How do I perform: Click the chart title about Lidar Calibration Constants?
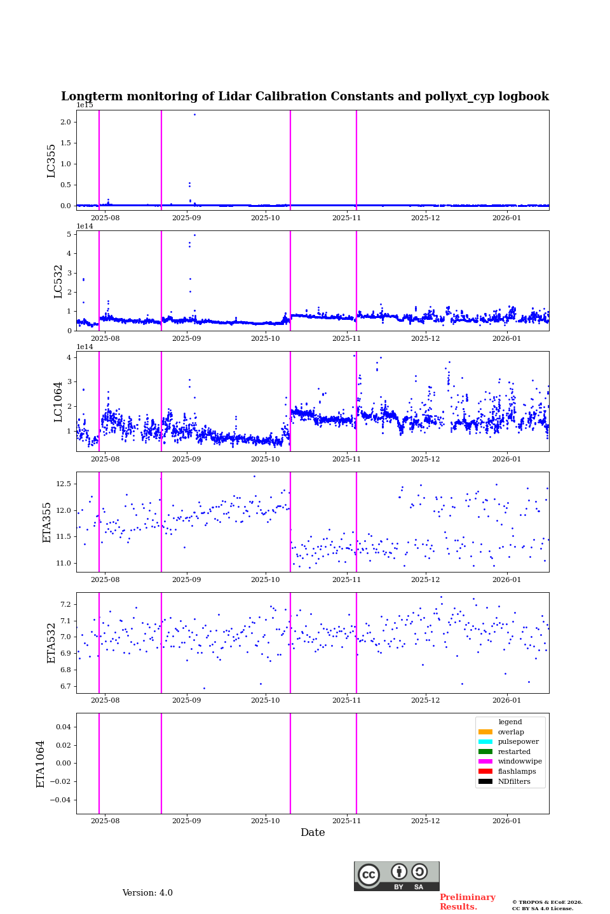click(304, 96)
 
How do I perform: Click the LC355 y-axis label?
click(51, 161)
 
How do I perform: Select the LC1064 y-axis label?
click(58, 402)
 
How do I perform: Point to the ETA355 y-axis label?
click(47, 522)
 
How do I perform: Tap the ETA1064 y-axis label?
click(41, 764)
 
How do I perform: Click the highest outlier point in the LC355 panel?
click(194, 114)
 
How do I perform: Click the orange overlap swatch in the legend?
click(485, 732)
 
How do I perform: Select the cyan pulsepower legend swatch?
click(485, 741)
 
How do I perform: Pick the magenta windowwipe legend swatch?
click(485, 762)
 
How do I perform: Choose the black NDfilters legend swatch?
click(485, 781)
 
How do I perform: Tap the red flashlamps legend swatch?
click(485, 771)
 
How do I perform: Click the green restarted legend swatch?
click(485, 752)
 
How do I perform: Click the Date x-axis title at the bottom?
click(313, 833)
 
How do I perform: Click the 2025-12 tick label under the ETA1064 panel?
click(425, 821)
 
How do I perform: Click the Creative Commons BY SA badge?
click(396, 876)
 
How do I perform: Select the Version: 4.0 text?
click(147, 893)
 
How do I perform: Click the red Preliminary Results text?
click(467, 902)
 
